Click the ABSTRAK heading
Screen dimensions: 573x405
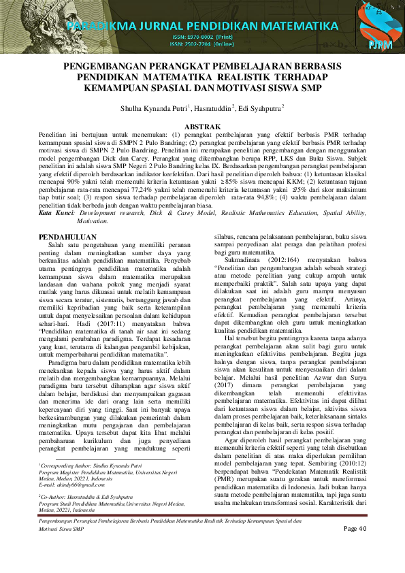pyautogui.click(x=203, y=127)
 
